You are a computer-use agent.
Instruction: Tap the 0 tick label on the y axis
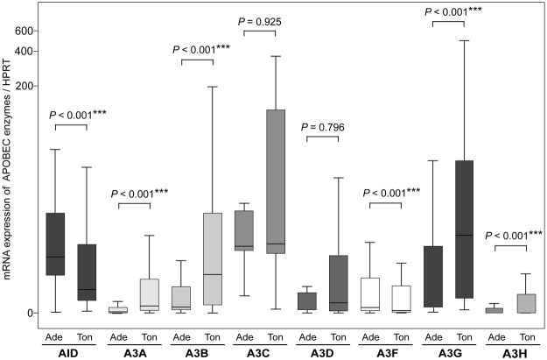(x=28, y=313)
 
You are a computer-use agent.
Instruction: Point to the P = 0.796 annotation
(x=323, y=128)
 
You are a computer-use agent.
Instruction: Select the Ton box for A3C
(x=275, y=180)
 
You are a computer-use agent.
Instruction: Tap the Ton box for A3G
(x=465, y=229)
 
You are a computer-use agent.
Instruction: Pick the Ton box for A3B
(x=211, y=258)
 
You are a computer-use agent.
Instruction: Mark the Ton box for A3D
(x=338, y=283)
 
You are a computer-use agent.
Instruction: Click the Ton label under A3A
(x=149, y=336)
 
